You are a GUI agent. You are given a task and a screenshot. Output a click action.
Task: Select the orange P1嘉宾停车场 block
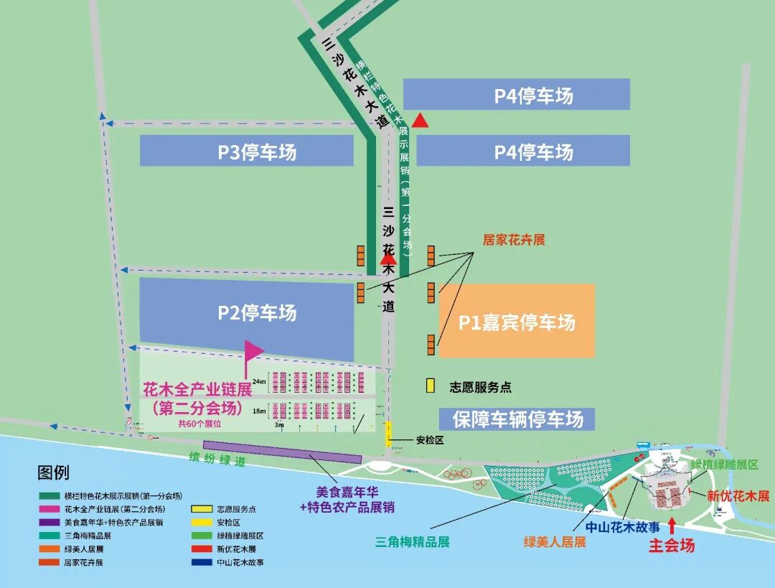(x=517, y=322)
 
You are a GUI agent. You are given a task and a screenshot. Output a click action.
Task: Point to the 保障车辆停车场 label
(x=517, y=419)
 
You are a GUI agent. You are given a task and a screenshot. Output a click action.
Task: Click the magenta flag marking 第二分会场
(x=253, y=350)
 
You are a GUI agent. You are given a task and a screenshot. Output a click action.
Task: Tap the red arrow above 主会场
(x=672, y=525)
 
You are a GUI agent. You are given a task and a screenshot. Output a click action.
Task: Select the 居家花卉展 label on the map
(x=514, y=240)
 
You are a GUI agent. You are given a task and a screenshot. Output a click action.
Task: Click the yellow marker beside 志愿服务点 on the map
(x=431, y=386)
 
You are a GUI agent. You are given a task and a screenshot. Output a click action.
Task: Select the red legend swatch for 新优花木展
(x=202, y=549)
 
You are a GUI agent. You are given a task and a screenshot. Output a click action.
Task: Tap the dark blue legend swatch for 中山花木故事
(x=202, y=563)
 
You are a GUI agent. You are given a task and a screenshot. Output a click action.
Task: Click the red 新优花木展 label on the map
(x=738, y=496)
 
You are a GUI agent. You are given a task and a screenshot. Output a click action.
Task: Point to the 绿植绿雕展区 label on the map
(x=724, y=465)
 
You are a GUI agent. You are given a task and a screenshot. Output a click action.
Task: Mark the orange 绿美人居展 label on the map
(x=555, y=542)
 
